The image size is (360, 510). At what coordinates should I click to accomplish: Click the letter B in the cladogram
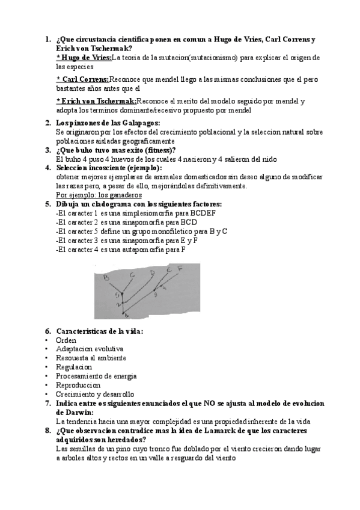click(105, 277)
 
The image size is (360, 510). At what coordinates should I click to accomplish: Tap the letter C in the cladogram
click(132, 274)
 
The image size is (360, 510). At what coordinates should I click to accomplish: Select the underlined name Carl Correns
click(82, 79)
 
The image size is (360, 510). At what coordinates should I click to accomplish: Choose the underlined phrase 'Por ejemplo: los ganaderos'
click(99, 195)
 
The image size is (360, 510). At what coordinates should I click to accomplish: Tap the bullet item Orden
click(66, 340)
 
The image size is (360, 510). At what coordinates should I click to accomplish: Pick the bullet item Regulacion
click(74, 367)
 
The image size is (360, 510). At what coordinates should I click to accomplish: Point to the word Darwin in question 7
click(74, 412)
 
